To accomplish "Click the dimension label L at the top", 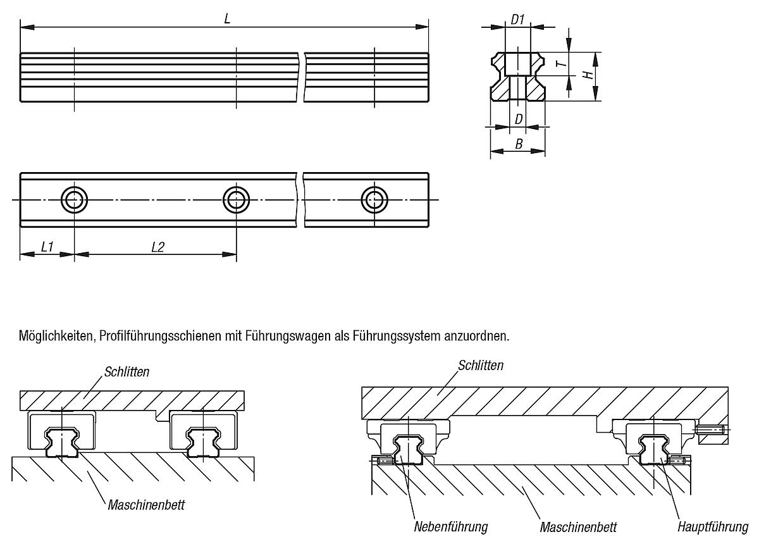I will (x=227, y=19).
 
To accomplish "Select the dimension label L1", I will (x=47, y=247).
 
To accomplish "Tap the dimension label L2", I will (x=157, y=247).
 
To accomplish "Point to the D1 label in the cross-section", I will (x=517, y=19).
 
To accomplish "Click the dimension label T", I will (x=558, y=63).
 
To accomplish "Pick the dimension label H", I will (x=588, y=75).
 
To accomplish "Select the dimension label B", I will (x=518, y=144).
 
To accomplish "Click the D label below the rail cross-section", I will (x=518, y=119).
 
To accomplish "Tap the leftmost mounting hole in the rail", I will (x=74, y=199).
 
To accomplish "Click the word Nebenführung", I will (x=451, y=526).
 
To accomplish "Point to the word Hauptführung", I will (x=712, y=526).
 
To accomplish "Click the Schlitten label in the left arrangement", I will (x=127, y=371).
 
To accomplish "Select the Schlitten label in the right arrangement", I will (x=481, y=365).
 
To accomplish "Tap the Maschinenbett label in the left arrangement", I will (x=146, y=505).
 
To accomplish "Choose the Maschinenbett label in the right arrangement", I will (x=578, y=526).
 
